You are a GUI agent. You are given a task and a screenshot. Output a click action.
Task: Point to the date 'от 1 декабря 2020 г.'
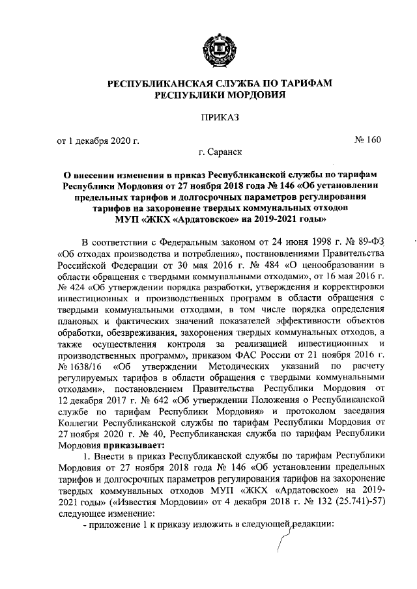click(x=98, y=140)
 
